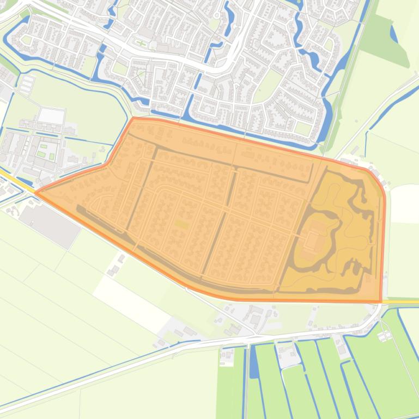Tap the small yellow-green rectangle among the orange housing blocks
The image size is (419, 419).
pos(181,224)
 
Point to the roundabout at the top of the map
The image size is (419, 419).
pos(216,16)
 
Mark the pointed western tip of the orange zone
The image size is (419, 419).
pos(37,192)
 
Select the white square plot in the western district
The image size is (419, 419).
pos(51,116)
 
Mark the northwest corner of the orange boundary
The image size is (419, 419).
pos(133,118)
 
